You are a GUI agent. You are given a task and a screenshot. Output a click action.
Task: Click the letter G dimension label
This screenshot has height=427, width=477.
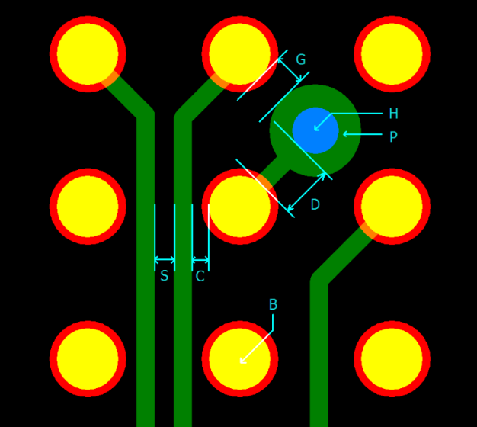point(300,60)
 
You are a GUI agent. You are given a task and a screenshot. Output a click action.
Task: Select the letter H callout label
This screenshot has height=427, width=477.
point(393,114)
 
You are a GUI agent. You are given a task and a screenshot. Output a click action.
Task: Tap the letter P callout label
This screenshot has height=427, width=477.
point(393,138)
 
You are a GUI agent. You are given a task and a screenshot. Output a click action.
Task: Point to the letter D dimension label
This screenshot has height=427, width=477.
point(315,205)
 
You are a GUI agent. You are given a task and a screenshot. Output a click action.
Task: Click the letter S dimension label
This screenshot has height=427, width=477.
point(164,277)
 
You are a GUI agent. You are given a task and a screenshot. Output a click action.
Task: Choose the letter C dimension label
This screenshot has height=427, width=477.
point(200,277)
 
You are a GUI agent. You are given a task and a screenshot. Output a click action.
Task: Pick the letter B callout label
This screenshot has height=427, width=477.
point(273,305)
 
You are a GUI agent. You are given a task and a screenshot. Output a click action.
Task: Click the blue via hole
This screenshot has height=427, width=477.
point(315,130)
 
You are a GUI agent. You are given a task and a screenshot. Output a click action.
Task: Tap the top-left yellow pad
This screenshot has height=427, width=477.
point(88,54)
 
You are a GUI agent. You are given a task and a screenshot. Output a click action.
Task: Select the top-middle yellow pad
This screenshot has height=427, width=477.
point(239,54)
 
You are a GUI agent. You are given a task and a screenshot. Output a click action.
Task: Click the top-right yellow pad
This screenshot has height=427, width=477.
point(392,54)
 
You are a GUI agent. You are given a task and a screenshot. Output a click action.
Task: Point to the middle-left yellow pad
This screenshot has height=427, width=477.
point(88,207)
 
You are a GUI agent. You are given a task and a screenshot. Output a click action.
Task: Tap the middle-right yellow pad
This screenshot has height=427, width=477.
point(392,207)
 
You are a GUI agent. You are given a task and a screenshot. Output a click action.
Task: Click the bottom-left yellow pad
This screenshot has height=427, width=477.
point(88,359)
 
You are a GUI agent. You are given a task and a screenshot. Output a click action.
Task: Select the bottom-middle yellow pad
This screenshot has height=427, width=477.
point(239,359)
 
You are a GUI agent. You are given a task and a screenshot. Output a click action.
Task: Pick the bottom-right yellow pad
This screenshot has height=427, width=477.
point(392,359)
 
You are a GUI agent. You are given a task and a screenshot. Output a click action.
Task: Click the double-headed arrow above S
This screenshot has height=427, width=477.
point(165,260)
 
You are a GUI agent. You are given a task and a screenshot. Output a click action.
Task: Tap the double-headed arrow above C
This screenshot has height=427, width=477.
point(200,260)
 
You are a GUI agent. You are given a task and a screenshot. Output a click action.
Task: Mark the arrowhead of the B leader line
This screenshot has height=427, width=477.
point(242,362)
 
